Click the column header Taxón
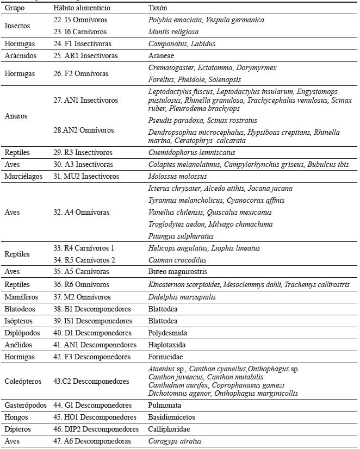pyautogui.click(x=158, y=8)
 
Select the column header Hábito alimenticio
pyautogui.click(x=82, y=8)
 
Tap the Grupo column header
pyautogui.click(x=15, y=8)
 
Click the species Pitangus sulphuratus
pyautogui.click(x=180, y=236)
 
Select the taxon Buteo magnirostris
pyautogui.click(x=177, y=272)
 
